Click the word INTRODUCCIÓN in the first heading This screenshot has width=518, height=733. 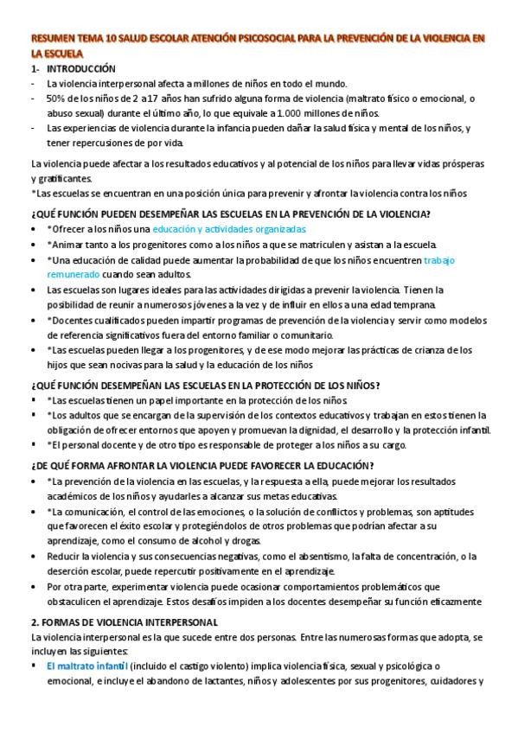[80, 68]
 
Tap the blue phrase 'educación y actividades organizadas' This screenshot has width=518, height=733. [229, 229]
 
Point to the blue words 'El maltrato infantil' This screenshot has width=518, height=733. [87, 666]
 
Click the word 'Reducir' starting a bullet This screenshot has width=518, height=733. [64, 557]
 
